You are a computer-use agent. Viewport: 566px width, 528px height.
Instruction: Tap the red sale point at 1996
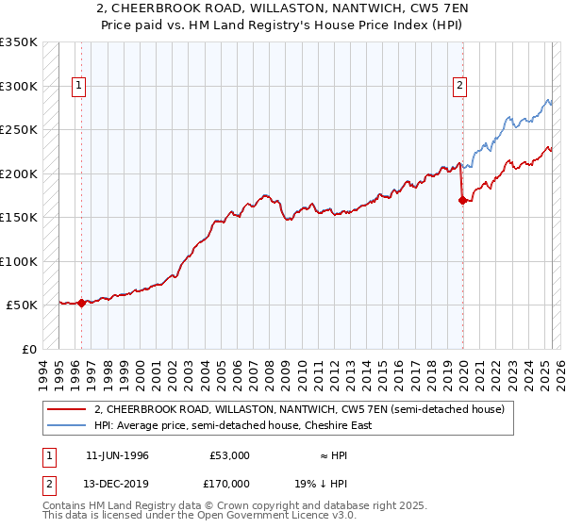(x=81, y=303)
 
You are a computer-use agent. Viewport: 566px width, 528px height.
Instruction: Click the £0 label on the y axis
(x=28, y=349)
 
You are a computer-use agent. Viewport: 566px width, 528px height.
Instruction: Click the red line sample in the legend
(x=67, y=410)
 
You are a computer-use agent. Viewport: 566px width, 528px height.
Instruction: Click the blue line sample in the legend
(x=67, y=425)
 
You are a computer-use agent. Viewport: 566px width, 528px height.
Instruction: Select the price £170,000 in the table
(x=229, y=483)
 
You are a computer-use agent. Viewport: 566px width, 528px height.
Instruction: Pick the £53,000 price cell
(x=229, y=455)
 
